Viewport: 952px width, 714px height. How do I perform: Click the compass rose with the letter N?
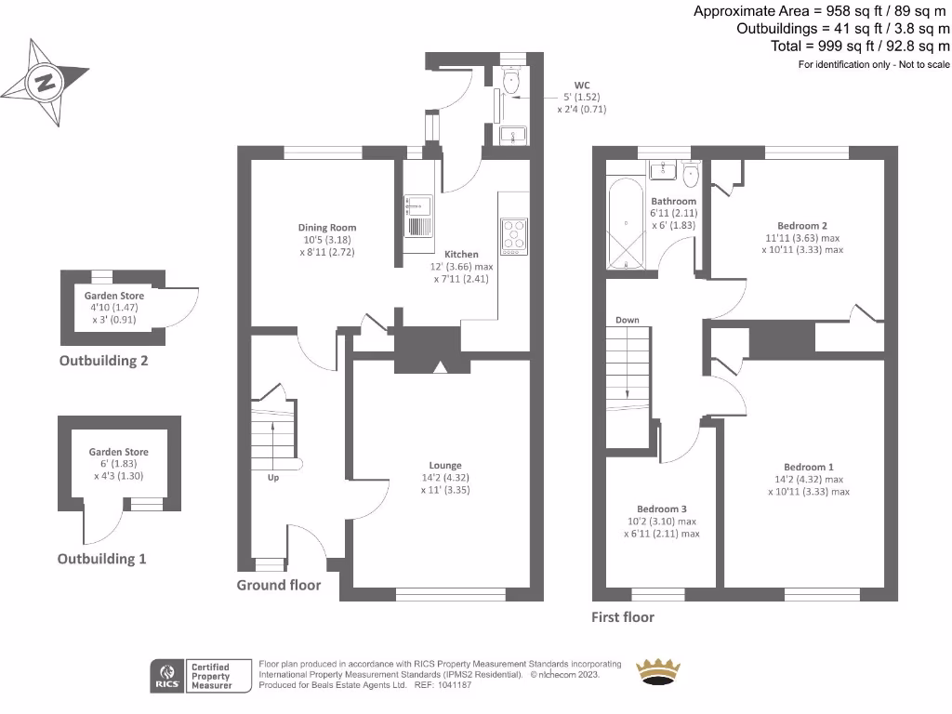click(x=43, y=82)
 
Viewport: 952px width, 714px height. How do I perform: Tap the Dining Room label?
click(x=327, y=228)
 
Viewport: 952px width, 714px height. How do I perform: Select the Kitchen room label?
click(x=461, y=254)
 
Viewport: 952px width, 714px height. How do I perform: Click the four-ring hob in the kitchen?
click(x=514, y=235)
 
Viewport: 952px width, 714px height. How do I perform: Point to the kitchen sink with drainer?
click(x=417, y=217)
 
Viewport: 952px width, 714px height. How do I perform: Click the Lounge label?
click(x=445, y=466)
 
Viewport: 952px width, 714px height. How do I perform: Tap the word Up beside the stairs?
click(x=273, y=478)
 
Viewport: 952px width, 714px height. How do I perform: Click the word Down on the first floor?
click(x=627, y=320)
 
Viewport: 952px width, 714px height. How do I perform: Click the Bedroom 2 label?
click(x=802, y=226)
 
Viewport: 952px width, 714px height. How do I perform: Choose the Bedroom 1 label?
click(x=808, y=467)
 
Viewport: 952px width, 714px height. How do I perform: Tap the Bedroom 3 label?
click(x=662, y=509)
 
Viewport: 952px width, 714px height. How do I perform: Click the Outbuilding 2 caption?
click(x=103, y=361)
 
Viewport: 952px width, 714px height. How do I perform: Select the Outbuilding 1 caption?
click(x=101, y=559)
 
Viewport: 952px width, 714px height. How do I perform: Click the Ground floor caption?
click(x=278, y=585)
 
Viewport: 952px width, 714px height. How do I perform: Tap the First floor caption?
click(x=623, y=617)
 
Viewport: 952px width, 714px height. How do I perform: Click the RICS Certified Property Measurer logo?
click(x=203, y=676)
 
